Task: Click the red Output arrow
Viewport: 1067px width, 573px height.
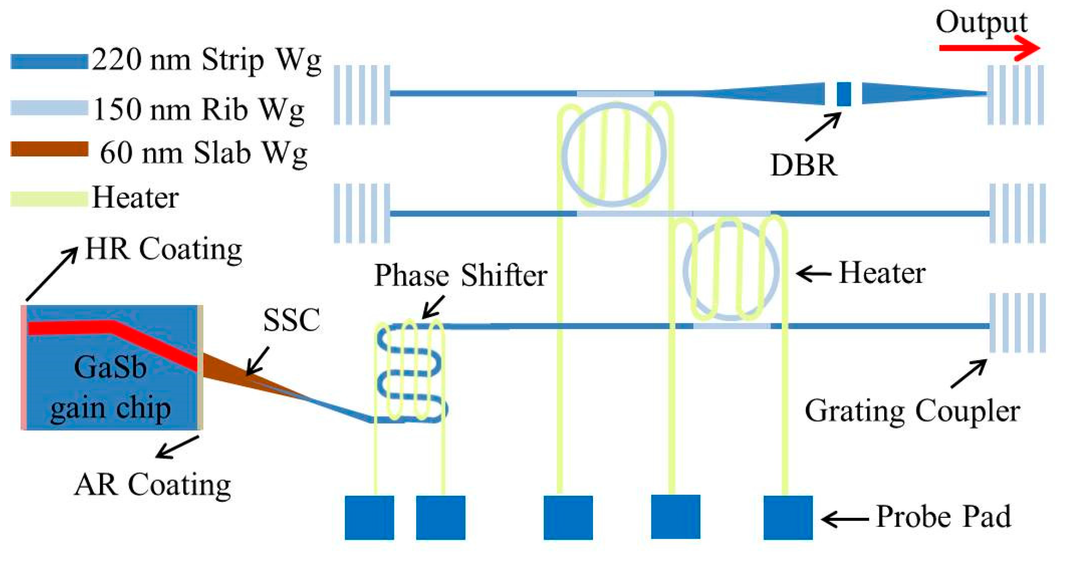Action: pos(986,48)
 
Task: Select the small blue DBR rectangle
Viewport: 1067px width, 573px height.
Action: pos(843,94)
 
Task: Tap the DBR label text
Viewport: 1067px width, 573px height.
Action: pos(804,165)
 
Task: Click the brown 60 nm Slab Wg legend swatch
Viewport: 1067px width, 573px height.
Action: pos(49,149)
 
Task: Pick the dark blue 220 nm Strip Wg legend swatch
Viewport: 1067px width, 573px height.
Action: pos(49,62)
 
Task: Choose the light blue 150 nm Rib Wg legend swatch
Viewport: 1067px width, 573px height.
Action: pos(49,107)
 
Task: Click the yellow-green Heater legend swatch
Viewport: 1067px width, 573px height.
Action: pos(49,199)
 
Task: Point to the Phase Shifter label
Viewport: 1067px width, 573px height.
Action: pos(460,275)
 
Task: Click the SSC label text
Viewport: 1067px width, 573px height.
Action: pos(291,319)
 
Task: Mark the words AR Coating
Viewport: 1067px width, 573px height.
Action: pos(152,485)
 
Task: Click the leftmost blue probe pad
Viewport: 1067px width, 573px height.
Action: pos(369,517)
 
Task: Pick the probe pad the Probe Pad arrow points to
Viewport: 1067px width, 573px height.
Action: pos(788,517)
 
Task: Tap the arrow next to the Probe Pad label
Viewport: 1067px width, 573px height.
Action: pos(844,519)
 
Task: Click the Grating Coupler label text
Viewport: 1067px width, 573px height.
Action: pos(912,411)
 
